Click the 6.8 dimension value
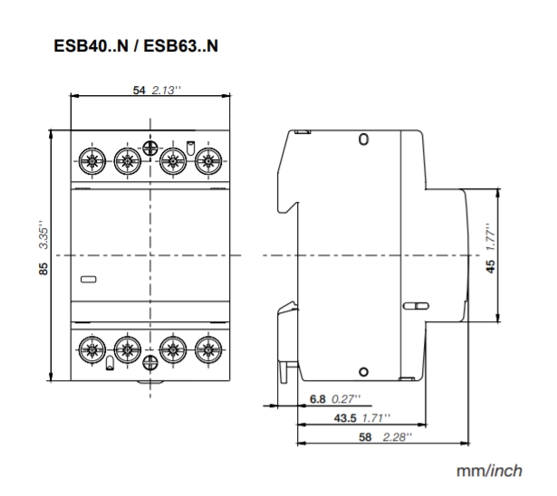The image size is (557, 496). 318,399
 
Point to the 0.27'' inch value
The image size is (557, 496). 345,399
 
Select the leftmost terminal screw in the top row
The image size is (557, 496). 91,163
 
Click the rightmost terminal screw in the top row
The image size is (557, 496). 209,163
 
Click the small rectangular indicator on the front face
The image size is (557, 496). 89,280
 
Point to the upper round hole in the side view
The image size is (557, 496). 363,140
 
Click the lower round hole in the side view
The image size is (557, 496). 363,371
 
